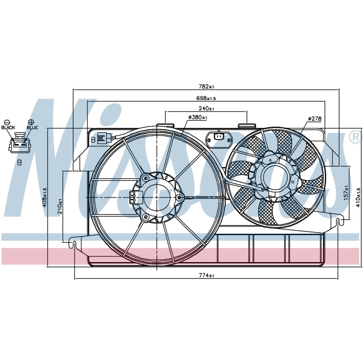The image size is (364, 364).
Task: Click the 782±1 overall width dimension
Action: pyautogui.click(x=206, y=87)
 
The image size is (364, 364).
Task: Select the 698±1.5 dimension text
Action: pyautogui.click(x=206, y=98)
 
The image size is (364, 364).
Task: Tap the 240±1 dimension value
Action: pyautogui.click(x=206, y=109)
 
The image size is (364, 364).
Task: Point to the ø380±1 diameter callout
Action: pyautogui.click(x=198, y=117)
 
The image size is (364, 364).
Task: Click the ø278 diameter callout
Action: pyautogui.click(x=315, y=119)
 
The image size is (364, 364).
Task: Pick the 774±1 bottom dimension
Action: pyautogui.click(x=206, y=276)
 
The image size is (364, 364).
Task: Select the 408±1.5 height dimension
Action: pyautogui.click(x=45, y=197)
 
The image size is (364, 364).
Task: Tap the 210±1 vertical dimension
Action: pyautogui.click(x=60, y=206)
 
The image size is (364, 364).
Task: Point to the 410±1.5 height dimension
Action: pyautogui.click(x=358, y=198)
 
